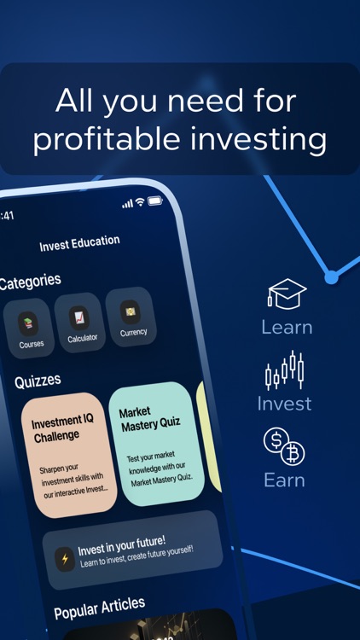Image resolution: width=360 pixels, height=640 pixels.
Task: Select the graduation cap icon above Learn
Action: click(x=287, y=294)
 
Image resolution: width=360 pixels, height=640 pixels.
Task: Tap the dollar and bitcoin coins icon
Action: click(x=284, y=446)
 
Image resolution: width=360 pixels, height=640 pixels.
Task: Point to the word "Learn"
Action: click(x=287, y=327)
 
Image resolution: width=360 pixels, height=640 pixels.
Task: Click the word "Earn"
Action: click(x=284, y=480)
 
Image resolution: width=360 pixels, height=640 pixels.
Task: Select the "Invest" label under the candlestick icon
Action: click(x=284, y=403)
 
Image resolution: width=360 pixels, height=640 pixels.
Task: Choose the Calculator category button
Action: click(x=82, y=323)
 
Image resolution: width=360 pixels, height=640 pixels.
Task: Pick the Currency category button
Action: click(x=131, y=317)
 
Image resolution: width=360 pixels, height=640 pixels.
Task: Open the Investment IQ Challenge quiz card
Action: click(x=69, y=454)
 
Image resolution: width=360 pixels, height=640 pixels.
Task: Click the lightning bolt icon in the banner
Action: click(x=65, y=558)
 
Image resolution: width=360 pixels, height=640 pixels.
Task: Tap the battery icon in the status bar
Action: click(x=155, y=201)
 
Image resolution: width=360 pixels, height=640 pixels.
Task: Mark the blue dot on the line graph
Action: click(x=331, y=276)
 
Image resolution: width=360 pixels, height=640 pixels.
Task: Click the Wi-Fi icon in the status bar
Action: click(x=140, y=202)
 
